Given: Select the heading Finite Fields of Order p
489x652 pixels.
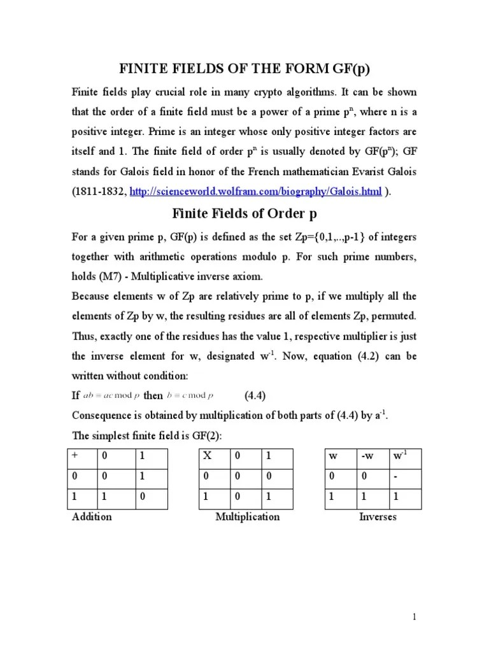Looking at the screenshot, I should click(244, 215).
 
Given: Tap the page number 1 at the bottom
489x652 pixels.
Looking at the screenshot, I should click(413, 617).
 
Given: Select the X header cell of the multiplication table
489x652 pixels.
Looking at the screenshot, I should click(206, 457).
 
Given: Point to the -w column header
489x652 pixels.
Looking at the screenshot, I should click(367, 457).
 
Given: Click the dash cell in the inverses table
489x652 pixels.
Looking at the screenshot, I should click(395, 477).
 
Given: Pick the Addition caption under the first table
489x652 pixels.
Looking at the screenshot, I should click(92, 516).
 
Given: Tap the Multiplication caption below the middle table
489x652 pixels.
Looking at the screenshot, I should click(247, 516).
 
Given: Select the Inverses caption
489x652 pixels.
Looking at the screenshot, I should click(378, 516).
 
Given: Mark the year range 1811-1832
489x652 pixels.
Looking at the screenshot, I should click(99, 192).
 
